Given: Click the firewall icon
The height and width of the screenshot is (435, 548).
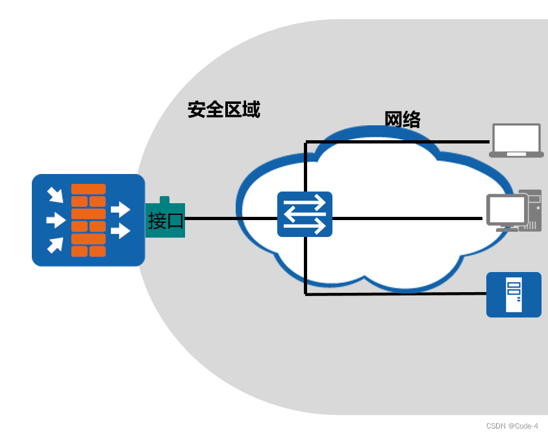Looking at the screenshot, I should [x=88, y=220].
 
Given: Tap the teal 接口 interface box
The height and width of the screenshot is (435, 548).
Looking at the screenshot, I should [x=165, y=221].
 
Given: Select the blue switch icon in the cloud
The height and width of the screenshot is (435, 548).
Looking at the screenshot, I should [x=305, y=214].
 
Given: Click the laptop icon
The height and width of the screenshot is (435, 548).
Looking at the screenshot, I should [x=516, y=140].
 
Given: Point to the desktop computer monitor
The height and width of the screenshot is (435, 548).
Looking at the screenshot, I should [x=507, y=209].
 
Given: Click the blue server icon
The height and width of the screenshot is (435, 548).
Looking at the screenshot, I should [x=514, y=294].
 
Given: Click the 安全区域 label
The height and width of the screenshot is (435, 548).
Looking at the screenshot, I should [x=223, y=110].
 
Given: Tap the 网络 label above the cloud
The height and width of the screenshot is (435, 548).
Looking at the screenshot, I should [x=403, y=120].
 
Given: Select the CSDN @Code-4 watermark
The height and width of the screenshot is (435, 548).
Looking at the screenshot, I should [x=512, y=426].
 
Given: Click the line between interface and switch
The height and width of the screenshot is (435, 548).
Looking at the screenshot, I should [x=230, y=219].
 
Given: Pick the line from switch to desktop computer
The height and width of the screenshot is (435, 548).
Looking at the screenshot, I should [x=409, y=219].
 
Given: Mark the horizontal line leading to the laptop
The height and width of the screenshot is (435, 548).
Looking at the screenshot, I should [x=396, y=142].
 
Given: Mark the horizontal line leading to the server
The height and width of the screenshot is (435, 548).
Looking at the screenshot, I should [x=396, y=294].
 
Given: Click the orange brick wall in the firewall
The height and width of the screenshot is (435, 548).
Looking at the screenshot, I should [x=88, y=220].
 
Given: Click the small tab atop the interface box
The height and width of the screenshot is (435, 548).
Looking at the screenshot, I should [x=165, y=199].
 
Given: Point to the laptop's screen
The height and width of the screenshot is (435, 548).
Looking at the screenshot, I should [x=516, y=137].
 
